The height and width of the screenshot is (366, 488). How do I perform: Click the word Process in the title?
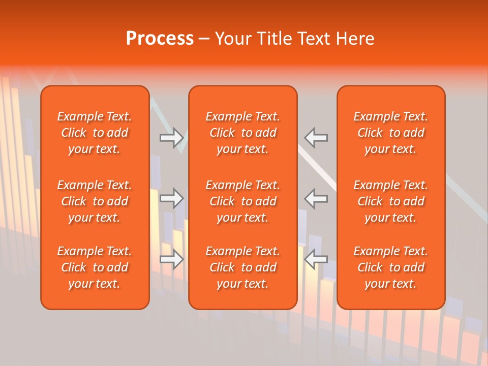(x=160, y=39)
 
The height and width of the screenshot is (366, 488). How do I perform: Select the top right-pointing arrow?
(x=172, y=138)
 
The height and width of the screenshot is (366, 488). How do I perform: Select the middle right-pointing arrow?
(x=172, y=198)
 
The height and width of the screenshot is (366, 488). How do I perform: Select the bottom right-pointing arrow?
(x=172, y=259)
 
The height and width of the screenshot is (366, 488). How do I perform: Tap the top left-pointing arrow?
(x=316, y=138)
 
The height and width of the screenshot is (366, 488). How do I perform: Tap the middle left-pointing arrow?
(x=316, y=198)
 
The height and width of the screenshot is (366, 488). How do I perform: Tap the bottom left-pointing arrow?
(x=316, y=259)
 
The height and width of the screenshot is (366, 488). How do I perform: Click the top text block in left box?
(x=95, y=133)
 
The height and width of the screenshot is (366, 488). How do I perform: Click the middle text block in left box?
(x=95, y=201)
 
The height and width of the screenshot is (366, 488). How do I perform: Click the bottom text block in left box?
(x=95, y=267)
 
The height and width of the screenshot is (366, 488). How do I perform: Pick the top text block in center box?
(x=243, y=133)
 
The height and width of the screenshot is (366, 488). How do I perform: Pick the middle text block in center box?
(x=243, y=201)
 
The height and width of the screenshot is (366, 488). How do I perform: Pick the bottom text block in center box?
(x=243, y=267)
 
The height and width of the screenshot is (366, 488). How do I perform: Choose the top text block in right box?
(x=391, y=133)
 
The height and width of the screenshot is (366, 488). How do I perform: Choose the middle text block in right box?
(x=391, y=201)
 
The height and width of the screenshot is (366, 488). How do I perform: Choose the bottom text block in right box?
(x=391, y=267)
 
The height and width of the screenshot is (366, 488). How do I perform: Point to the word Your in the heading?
(x=233, y=39)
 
